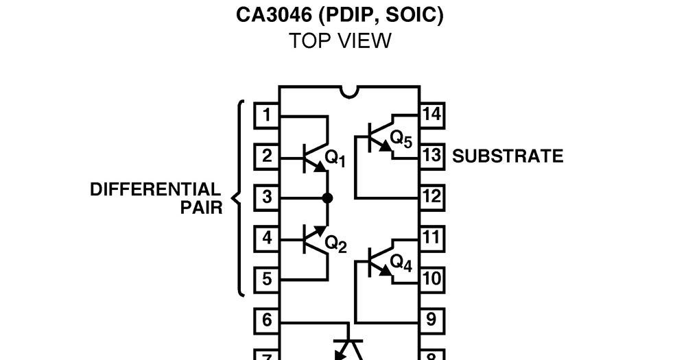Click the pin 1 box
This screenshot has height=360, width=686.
[267, 115]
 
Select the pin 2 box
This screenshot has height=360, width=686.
[267, 156]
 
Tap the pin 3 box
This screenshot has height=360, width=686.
[267, 197]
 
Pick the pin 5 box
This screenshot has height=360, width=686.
[267, 280]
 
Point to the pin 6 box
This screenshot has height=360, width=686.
[267, 320]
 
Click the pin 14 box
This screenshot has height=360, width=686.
[431, 115]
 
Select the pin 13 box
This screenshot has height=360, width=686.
[431, 156]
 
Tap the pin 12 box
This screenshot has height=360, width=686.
[431, 197]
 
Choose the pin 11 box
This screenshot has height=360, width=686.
[431, 238]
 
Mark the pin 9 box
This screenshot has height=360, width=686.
[431, 320]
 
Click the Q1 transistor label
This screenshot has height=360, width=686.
[335, 158]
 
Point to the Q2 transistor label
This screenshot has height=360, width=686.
[335, 243]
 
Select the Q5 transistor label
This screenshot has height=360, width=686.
[401, 140]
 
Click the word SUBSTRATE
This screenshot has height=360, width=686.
[508, 156]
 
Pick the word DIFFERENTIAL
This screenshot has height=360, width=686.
[156, 190]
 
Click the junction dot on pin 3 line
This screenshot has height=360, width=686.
[327, 197]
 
